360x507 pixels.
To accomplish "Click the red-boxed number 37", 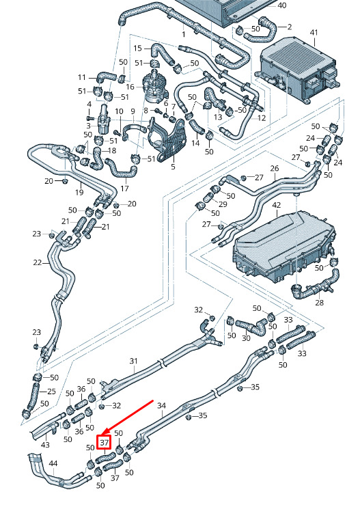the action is [105, 442].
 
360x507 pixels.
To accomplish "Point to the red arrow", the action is [128, 417].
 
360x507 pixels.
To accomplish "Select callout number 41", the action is [314, 33].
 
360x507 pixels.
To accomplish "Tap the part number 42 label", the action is [277, 205].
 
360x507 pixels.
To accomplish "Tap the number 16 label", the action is [130, 87].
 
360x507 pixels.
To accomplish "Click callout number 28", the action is [319, 303].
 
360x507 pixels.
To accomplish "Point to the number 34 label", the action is [162, 405].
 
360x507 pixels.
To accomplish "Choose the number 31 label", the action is [134, 361].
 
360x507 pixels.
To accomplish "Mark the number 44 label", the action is [53, 463].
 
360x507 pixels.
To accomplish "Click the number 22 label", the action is [38, 262].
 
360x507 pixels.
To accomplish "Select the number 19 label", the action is [79, 193].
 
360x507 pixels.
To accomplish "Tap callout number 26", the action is [275, 168].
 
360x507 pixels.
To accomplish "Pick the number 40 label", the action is [282, 5].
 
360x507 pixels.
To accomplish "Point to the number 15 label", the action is [137, 49].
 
